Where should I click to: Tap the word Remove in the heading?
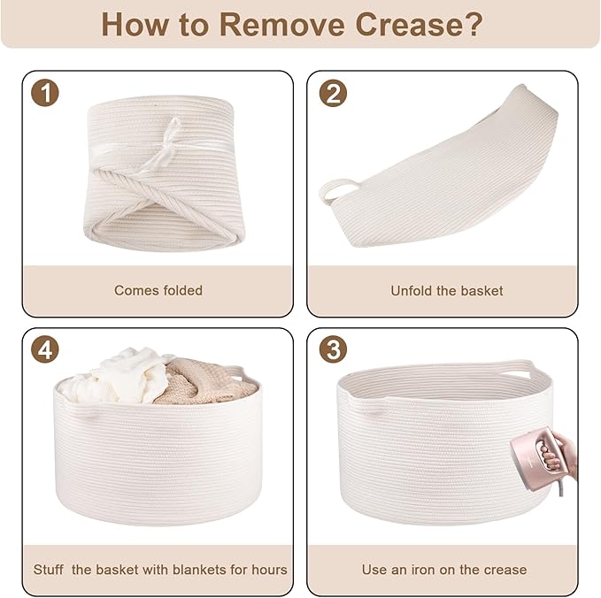pyautogui.click(x=281, y=25)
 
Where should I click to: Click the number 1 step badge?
pyautogui.click(x=45, y=93)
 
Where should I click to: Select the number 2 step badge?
pyautogui.click(x=333, y=93)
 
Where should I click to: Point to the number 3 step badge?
pyautogui.click(x=333, y=349)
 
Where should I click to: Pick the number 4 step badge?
pyautogui.click(x=45, y=349)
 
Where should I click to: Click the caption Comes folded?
pyautogui.click(x=158, y=290)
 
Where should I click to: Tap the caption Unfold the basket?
pyautogui.click(x=446, y=291)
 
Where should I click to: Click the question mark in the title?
pyautogui.click(x=474, y=25)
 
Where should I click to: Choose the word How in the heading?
pyautogui.click(x=135, y=25)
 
